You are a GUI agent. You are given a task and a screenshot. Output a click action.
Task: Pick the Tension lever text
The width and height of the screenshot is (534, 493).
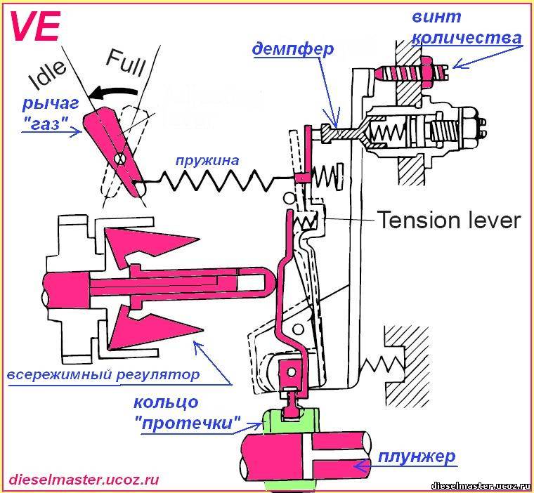coord(449,221)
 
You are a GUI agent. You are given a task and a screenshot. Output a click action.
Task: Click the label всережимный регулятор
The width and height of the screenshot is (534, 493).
coord(103,374)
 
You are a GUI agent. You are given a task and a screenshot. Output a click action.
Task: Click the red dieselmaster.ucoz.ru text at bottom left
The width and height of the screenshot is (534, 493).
coord(84,480)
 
